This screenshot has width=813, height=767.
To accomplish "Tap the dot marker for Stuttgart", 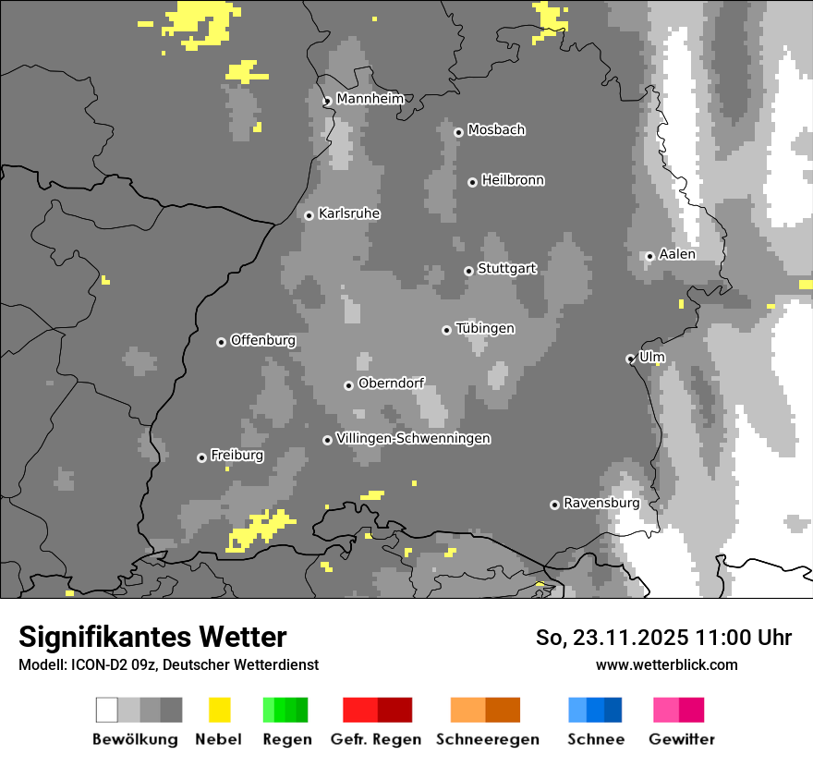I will [x=468, y=271].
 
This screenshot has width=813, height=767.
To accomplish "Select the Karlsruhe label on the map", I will [x=349, y=213].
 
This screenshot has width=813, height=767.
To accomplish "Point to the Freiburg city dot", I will [x=201, y=457].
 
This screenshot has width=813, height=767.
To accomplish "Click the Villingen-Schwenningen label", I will [x=413, y=438].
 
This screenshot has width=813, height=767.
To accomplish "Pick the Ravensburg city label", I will [x=601, y=503].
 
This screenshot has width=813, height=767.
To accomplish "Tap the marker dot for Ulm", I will [x=630, y=359].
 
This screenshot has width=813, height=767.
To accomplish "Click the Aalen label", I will [x=677, y=254].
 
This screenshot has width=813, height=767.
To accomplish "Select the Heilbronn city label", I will [x=513, y=180].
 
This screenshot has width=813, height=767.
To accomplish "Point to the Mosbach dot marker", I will [x=458, y=132].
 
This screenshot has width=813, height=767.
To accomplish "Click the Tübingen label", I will [x=485, y=328].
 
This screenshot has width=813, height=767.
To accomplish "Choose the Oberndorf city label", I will [x=392, y=383].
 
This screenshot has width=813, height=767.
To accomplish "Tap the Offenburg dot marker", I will [x=221, y=342].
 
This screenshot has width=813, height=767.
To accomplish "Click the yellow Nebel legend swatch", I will [x=219, y=710].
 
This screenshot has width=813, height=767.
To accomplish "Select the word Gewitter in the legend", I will [x=682, y=739].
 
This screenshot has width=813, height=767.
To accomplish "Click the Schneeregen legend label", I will [x=488, y=739].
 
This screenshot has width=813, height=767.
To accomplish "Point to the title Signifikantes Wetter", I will [x=152, y=637].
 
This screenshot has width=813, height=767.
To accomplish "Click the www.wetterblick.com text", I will [x=666, y=664].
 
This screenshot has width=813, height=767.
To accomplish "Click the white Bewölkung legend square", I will [x=107, y=710].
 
